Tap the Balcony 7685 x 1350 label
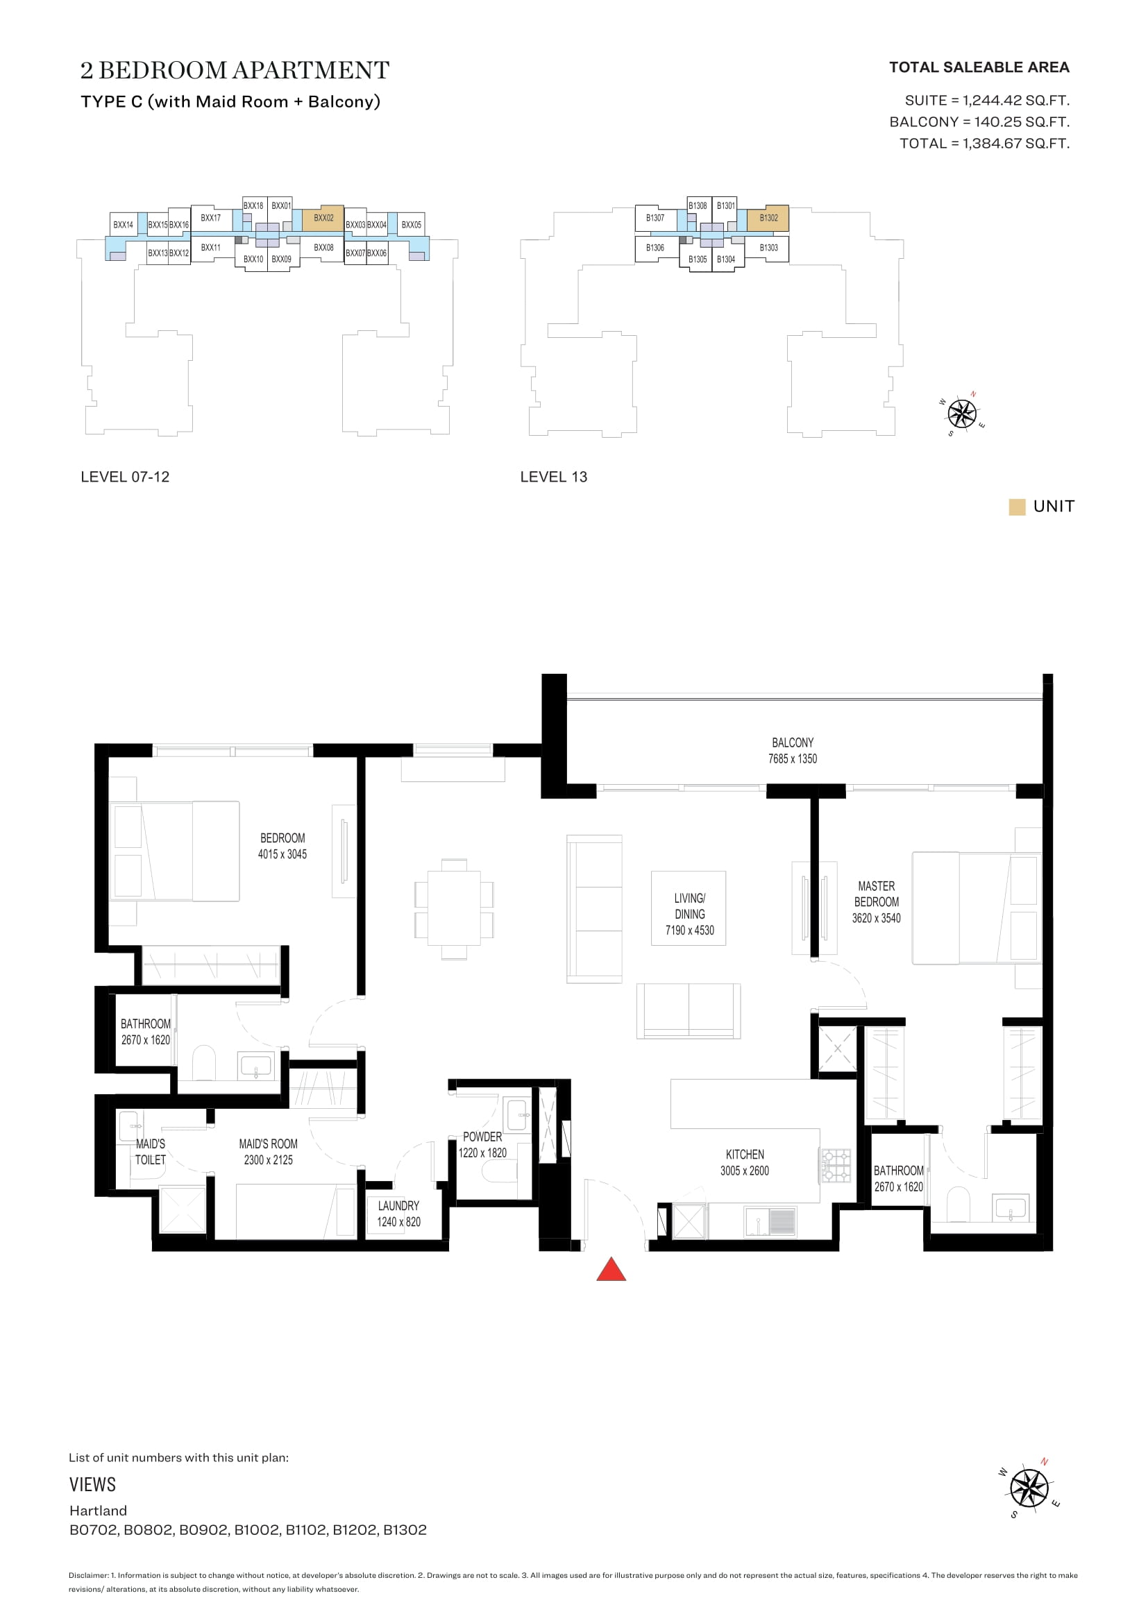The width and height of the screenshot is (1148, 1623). [x=793, y=751]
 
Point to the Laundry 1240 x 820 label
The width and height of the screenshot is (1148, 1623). [x=398, y=1214]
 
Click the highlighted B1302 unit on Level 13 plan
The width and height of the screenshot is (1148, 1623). [x=768, y=219]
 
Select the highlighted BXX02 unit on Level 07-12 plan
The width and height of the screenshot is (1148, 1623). [x=323, y=219]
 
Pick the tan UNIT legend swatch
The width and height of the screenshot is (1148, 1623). [x=1017, y=507]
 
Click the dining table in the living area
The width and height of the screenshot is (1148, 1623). [x=454, y=909]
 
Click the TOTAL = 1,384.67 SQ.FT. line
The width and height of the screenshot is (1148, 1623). [x=984, y=144]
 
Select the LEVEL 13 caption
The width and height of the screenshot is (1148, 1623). [x=553, y=477]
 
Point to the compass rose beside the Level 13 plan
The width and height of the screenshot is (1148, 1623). [x=962, y=414]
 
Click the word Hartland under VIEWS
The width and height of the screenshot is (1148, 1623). [x=99, y=1511]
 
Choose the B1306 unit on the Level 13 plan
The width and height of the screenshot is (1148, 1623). [x=655, y=248]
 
